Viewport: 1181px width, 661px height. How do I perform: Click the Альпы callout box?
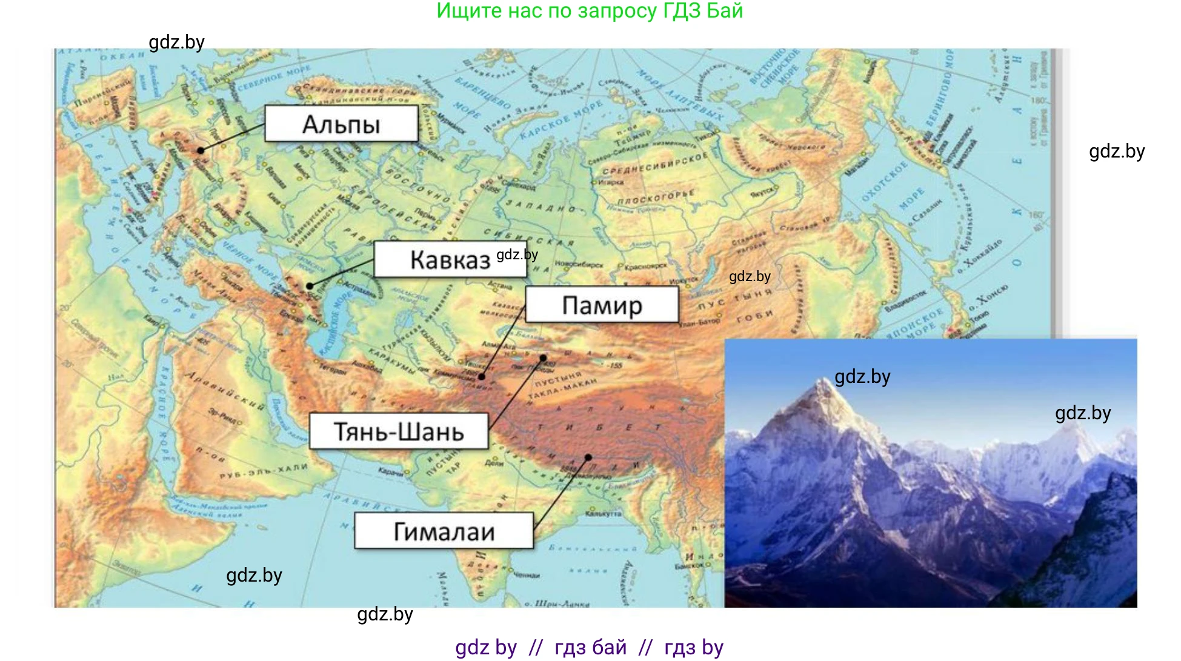point(341,124)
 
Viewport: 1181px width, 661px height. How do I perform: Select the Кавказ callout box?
point(450,259)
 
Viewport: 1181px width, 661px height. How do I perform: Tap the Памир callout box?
point(602,305)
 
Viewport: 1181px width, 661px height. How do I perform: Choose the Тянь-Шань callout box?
point(399,431)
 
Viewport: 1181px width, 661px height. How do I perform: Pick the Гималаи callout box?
point(444,531)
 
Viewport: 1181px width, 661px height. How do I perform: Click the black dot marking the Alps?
point(201,150)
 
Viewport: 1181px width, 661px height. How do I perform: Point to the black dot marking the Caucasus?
point(310,286)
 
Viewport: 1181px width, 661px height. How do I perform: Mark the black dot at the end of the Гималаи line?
point(588,457)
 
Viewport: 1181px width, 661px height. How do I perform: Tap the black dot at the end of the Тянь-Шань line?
point(544,357)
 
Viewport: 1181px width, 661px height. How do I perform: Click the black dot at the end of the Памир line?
point(482,377)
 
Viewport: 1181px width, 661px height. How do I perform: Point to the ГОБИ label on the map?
point(755,315)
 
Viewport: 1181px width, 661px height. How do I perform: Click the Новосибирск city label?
point(579,264)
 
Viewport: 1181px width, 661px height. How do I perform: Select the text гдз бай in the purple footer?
point(590,647)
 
